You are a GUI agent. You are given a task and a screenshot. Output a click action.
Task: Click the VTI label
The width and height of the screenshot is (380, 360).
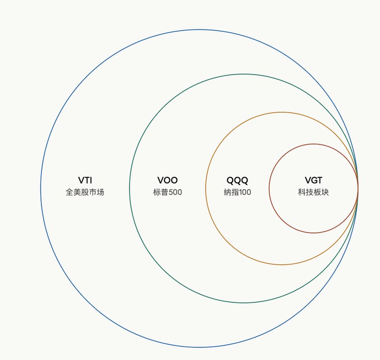[85, 180]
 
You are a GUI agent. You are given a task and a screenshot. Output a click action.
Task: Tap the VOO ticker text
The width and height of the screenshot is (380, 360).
[168, 180]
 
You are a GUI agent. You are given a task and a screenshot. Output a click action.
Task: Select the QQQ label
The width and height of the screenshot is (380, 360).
[237, 181]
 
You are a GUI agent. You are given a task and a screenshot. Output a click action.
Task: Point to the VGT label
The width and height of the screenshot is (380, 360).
[313, 180]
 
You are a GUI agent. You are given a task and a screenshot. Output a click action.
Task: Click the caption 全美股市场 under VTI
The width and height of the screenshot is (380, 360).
[85, 192]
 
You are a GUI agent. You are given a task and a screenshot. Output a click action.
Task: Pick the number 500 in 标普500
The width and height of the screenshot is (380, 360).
[175, 192]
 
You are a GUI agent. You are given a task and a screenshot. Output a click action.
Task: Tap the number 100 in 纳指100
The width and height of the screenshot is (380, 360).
[244, 192]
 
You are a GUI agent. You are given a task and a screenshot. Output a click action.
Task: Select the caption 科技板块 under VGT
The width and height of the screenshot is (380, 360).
[313, 192]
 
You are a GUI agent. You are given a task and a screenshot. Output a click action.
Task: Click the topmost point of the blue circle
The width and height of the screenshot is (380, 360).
[199, 29]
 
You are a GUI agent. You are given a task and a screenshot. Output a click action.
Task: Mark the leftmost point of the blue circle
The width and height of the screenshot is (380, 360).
[41, 188]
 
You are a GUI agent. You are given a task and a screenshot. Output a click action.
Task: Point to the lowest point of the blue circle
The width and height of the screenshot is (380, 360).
[199, 347]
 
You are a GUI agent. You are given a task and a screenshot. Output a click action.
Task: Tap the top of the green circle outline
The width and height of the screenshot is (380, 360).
[244, 74]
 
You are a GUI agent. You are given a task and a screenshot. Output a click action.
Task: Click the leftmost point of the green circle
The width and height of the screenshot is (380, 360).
[130, 188]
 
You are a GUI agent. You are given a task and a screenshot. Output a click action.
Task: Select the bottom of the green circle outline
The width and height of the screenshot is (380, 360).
[244, 303]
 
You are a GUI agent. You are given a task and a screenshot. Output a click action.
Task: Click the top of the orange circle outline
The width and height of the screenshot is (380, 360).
[282, 112]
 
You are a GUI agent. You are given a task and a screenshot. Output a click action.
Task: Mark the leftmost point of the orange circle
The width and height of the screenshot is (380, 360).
[206, 188]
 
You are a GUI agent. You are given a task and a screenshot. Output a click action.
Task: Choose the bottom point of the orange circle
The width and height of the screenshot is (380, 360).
[282, 264]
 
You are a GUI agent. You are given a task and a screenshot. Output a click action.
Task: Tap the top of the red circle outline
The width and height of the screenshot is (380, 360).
[313, 144]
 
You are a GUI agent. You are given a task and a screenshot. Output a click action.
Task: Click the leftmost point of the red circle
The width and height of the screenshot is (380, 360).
[269, 188]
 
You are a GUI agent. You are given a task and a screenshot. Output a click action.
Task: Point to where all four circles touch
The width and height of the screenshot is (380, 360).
[358, 188]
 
